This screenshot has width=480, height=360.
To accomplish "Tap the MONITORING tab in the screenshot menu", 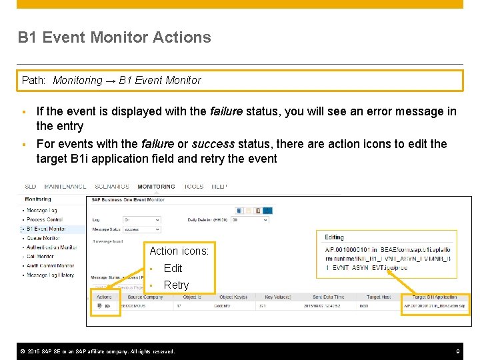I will click(x=156, y=187).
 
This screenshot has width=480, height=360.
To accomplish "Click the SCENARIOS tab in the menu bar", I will click(x=112, y=187).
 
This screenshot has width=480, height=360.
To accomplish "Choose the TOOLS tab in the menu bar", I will click(x=194, y=187).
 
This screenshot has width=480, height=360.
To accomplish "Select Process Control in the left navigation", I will click(x=45, y=219).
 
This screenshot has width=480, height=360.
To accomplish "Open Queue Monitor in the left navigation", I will click(x=43, y=238).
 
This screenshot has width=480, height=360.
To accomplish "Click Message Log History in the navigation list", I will click(x=50, y=275).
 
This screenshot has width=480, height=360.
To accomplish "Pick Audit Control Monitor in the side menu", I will click(x=51, y=265).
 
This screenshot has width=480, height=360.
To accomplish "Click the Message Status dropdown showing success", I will click(x=141, y=229).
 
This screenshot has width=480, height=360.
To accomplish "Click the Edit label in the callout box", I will click(x=173, y=268).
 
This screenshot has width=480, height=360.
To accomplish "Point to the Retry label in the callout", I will click(x=176, y=285).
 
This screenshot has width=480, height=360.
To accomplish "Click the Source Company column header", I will click(x=145, y=297).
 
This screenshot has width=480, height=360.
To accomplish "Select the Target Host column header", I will click(x=378, y=297).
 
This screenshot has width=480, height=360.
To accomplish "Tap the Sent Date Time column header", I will click(x=329, y=297).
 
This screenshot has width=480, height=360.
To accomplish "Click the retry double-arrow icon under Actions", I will click(x=107, y=306).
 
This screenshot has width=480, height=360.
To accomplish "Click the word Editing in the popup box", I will click(x=334, y=237).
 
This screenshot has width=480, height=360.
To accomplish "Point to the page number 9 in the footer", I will click(x=458, y=351).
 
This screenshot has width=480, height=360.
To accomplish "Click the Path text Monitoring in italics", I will click(x=77, y=80).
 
